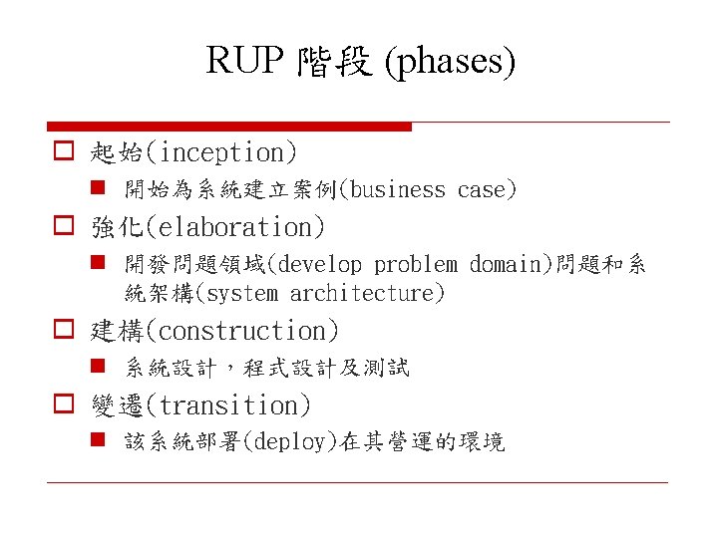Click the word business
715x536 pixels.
(x=399, y=189)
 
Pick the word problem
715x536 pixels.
(x=416, y=264)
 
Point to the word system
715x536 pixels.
(x=243, y=294)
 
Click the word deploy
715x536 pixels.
(x=295, y=442)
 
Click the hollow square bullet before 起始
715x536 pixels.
(x=62, y=152)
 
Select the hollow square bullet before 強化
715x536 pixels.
(x=62, y=227)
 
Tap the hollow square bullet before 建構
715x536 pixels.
(x=62, y=330)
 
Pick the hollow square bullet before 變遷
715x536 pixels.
(x=62, y=405)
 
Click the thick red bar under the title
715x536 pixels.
(x=229, y=127)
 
